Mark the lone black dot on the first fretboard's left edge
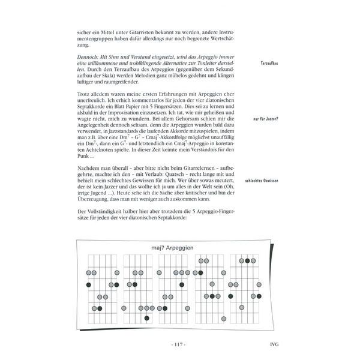click(x=89, y=285)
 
